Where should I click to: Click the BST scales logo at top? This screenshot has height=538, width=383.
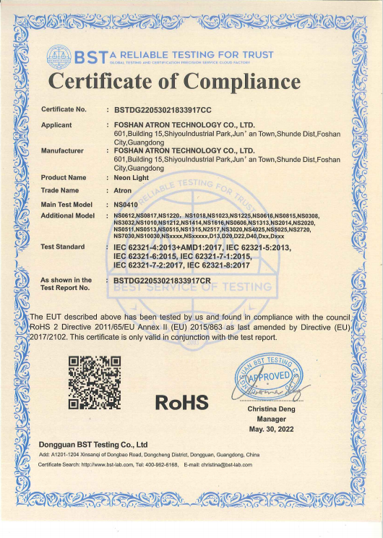click(x=59, y=56)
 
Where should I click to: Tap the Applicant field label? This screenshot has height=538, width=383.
click(x=56, y=125)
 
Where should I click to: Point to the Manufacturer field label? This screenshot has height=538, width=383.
click(x=62, y=151)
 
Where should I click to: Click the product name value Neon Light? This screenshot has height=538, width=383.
click(x=130, y=177)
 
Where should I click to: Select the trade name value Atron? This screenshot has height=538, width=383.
click(x=123, y=190)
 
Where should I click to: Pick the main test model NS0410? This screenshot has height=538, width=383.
click(x=125, y=205)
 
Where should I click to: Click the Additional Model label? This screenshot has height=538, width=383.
click(x=68, y=215)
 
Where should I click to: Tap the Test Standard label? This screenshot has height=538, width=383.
click(x=63, y=247)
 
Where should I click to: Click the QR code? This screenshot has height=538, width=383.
click(x=94, y=382)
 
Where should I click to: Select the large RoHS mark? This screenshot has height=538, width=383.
click(x=181, y=401)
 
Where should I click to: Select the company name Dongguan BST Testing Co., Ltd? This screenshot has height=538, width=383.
click(x=92, y=444)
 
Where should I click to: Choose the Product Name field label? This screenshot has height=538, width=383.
click(x=64, y=177)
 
